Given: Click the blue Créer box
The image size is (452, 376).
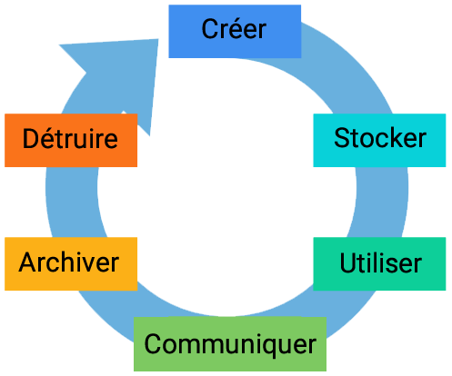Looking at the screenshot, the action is pyautogui.click(x=235, y=31).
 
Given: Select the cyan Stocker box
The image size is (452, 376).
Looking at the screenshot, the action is pyautogui.click(x=379, y=140).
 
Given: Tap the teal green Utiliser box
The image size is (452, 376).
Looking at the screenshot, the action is pyautogui.click(x=379, y=263).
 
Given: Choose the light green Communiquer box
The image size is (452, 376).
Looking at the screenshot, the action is pyautogui.click(x=230, y=344).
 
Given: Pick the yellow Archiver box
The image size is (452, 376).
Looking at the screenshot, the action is pyautogui.click(x=71, y=263).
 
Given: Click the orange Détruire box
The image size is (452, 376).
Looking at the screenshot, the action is pyautogui.click(x=71, y=140).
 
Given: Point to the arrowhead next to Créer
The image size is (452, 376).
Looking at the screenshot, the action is pyautogui.click(x=121, y=75).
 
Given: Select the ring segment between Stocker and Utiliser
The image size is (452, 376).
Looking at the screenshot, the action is pyautogui.click(x=381, y=202).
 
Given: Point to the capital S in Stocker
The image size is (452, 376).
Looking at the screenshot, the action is pyautogui.click(x=342, y=138).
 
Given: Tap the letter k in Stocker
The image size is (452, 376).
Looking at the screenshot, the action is pyautogui.click(x=394, y=137).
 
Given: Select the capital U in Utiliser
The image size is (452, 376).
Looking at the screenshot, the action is pyautogui.click(x=348, y=262).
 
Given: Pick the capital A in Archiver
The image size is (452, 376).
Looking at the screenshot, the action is pyautogui.click(x=28, y=262).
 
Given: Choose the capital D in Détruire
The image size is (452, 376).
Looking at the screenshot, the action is pyautogui.click(x=31, y=138).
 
